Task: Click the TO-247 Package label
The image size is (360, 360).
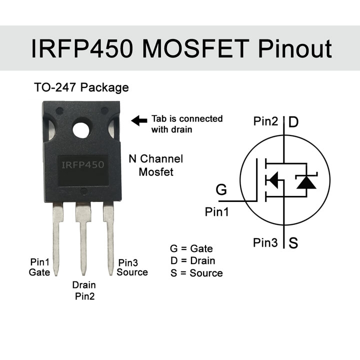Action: tap(81, 87)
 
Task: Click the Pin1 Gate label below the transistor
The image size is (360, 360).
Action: tap(39, 267)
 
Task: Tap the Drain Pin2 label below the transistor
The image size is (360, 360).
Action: tap(84, 290)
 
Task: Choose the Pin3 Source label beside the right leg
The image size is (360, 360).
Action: tap(132, 267)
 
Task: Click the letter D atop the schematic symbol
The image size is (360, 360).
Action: tap(294, 122)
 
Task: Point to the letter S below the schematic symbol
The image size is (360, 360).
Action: tap(293, 243)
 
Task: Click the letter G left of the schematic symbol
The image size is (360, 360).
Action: tap(221, 190)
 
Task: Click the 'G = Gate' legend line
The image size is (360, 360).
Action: tap(191, 248)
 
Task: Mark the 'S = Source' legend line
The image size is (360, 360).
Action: tap(196, 273)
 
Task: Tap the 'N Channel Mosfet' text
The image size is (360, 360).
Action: tap(155, 165)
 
